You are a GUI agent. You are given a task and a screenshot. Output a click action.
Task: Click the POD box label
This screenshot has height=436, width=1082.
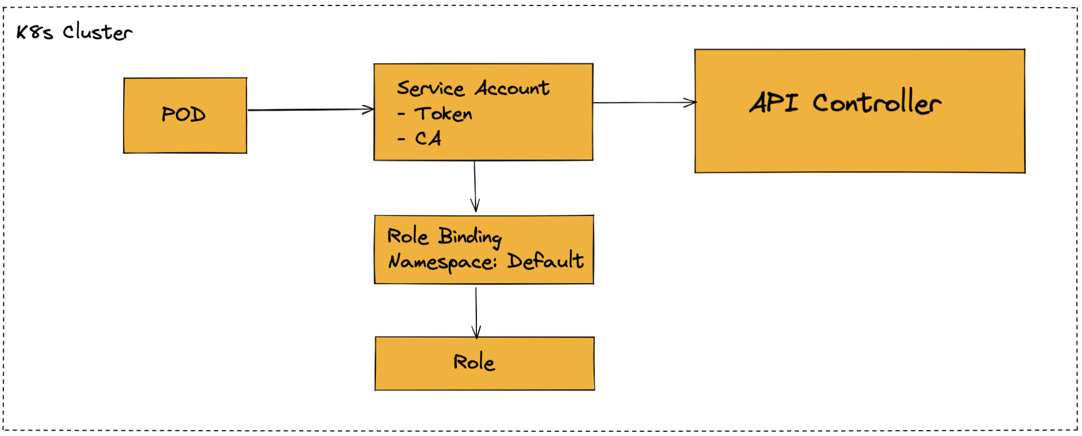pos(183,115)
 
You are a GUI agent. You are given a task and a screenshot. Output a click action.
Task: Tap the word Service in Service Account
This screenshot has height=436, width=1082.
pos(430,88)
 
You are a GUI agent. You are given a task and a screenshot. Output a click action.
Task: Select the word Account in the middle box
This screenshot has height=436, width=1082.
pos(512,87)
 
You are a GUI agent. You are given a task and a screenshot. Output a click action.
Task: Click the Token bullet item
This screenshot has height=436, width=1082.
pos(443,114)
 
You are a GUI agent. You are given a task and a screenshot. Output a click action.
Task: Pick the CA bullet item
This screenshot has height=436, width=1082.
pos(428,139)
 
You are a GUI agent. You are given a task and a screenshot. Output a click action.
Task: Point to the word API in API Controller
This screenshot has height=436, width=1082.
pos(774,102)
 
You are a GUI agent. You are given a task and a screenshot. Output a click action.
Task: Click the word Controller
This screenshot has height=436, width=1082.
pos(877,102)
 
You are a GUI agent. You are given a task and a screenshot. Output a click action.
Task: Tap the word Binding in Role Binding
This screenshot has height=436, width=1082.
pos(470,236)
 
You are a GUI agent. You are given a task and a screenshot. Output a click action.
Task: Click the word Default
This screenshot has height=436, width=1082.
pos(545,261)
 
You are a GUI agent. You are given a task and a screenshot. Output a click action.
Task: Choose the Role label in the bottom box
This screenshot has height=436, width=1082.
pos(474,362)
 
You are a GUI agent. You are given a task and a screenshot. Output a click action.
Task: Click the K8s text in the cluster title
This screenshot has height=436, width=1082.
pos(34,32)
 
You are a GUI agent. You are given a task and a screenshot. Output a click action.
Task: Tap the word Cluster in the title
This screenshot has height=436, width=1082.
pos(97,32)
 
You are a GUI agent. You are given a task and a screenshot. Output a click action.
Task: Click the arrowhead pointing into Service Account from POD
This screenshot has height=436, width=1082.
pos(369,110)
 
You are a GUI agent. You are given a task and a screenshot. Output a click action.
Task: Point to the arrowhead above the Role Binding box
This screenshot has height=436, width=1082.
pos(475,206)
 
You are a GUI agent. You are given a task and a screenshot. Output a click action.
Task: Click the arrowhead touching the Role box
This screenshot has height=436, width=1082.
pos(476,332)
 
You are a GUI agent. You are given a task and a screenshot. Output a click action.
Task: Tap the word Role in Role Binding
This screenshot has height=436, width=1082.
pos(408,236)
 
